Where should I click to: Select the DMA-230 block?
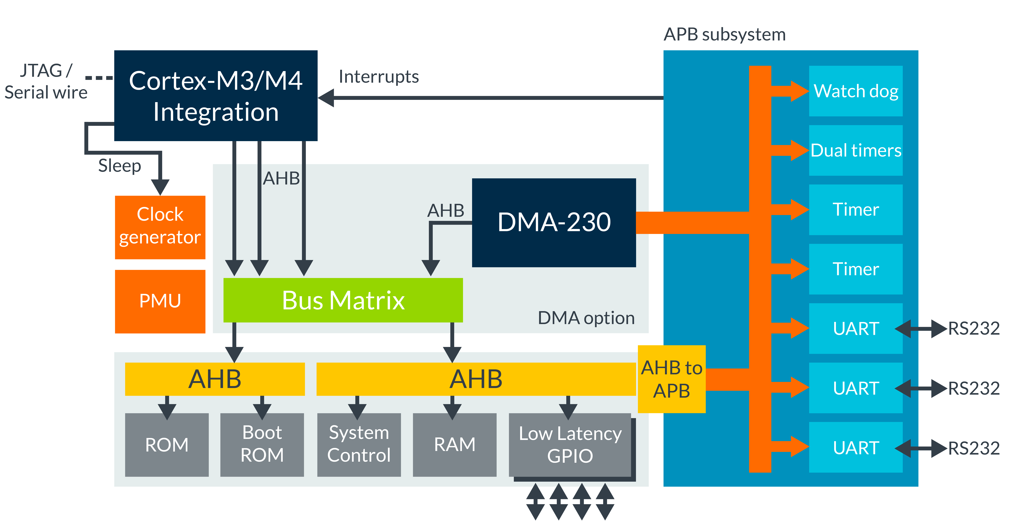tap(554, 223)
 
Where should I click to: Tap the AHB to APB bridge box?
tap(671, 379)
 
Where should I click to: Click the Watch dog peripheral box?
tap(856, 91)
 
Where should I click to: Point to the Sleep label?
tap(119, 166)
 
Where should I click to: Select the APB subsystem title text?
tap(725, 34)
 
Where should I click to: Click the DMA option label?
tap(586, 318)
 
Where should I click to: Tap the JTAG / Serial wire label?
tap(46, 82)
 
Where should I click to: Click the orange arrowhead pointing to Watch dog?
tap(799, 91)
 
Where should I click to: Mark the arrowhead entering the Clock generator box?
tap(160, 187)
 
